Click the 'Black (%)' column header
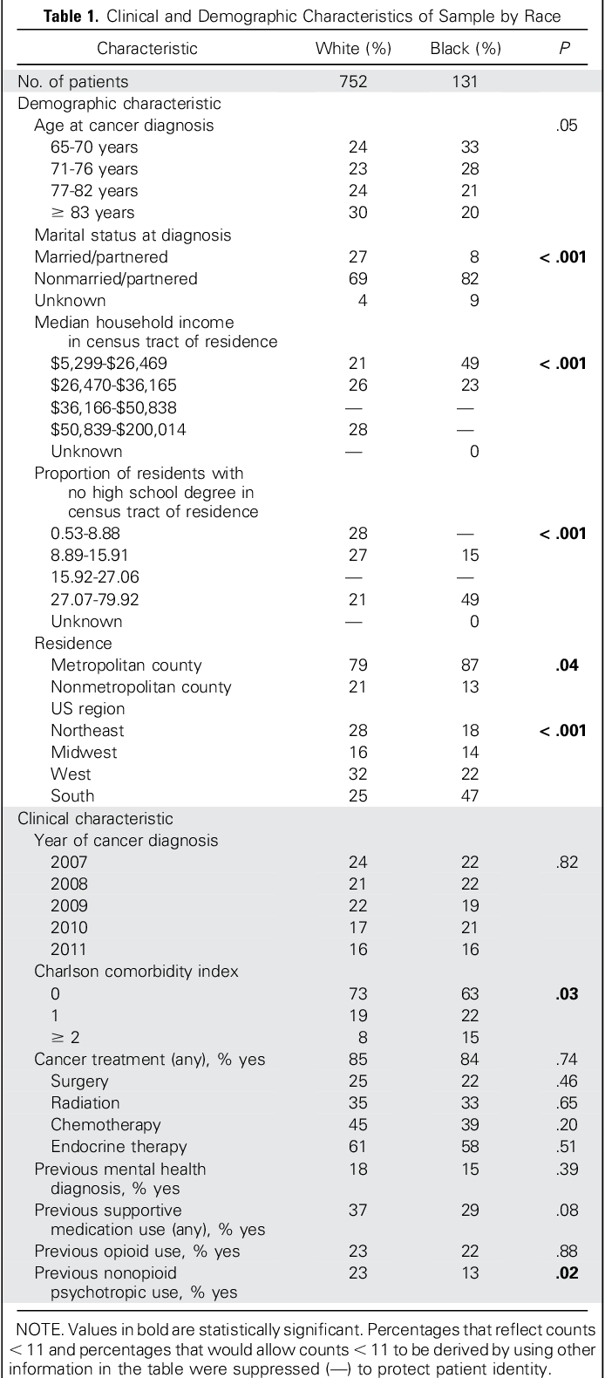[466, 49]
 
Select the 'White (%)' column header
[354, 49]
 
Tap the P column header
[564, 49]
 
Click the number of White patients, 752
[354, 82]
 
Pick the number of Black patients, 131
[465, 82]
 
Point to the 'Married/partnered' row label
[101, 257]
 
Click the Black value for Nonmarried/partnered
[470, 279]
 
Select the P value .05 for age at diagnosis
[567, 126]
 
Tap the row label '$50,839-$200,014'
[118, 429]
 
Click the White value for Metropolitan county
[357, 665]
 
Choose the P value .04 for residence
[567, 665]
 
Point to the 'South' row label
[72, 796]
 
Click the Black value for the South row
[470, 796]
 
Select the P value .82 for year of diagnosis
[567, 862]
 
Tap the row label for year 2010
[70, 928]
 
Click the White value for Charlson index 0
[357, 993]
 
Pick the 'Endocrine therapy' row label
[119, 1147]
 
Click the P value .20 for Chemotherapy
[567, 1124]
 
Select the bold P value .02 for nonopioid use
[567, 1272]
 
